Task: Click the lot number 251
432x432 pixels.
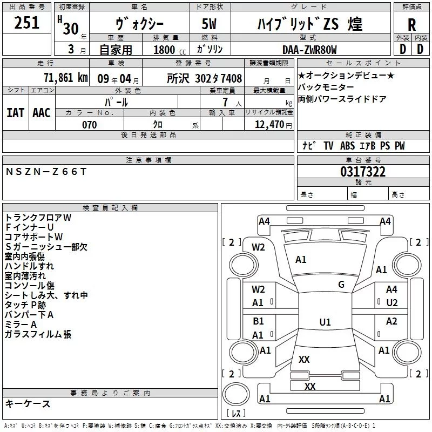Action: [x=26, y=23]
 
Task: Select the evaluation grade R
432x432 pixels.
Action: [x=411, y=25]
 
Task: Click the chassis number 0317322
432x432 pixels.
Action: [x=362, y=172]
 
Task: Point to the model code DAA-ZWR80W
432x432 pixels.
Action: [x=309, y=50]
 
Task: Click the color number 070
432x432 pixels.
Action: [x=89, y=125]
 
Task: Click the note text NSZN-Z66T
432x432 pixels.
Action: [x=45, y=171]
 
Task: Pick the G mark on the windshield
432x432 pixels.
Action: [x=341, y=285]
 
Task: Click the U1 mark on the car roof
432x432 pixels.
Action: [x=325, y=322]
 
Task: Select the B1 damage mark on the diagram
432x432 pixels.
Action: [x=258, y=321]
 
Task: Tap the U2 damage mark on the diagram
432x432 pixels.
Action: [x=391, y=302]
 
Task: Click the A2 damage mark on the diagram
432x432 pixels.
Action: [x=391, y=321]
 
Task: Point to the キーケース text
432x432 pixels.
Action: [x=28, y=403]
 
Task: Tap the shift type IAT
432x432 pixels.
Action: [x=15, y=112]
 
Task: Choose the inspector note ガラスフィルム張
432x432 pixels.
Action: [x=38, y=334]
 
